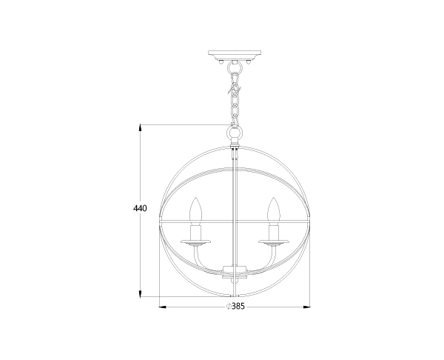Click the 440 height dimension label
[140, 208]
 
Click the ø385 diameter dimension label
[235, 307]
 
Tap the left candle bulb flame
[196, 209]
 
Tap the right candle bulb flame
[274, 209]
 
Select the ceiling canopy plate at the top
[235, 55]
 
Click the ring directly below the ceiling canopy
[235, 68]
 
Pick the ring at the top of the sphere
[235, 133]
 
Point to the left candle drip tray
[196, 242]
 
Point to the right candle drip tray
[274, 242]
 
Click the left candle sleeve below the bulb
[196, 232]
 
